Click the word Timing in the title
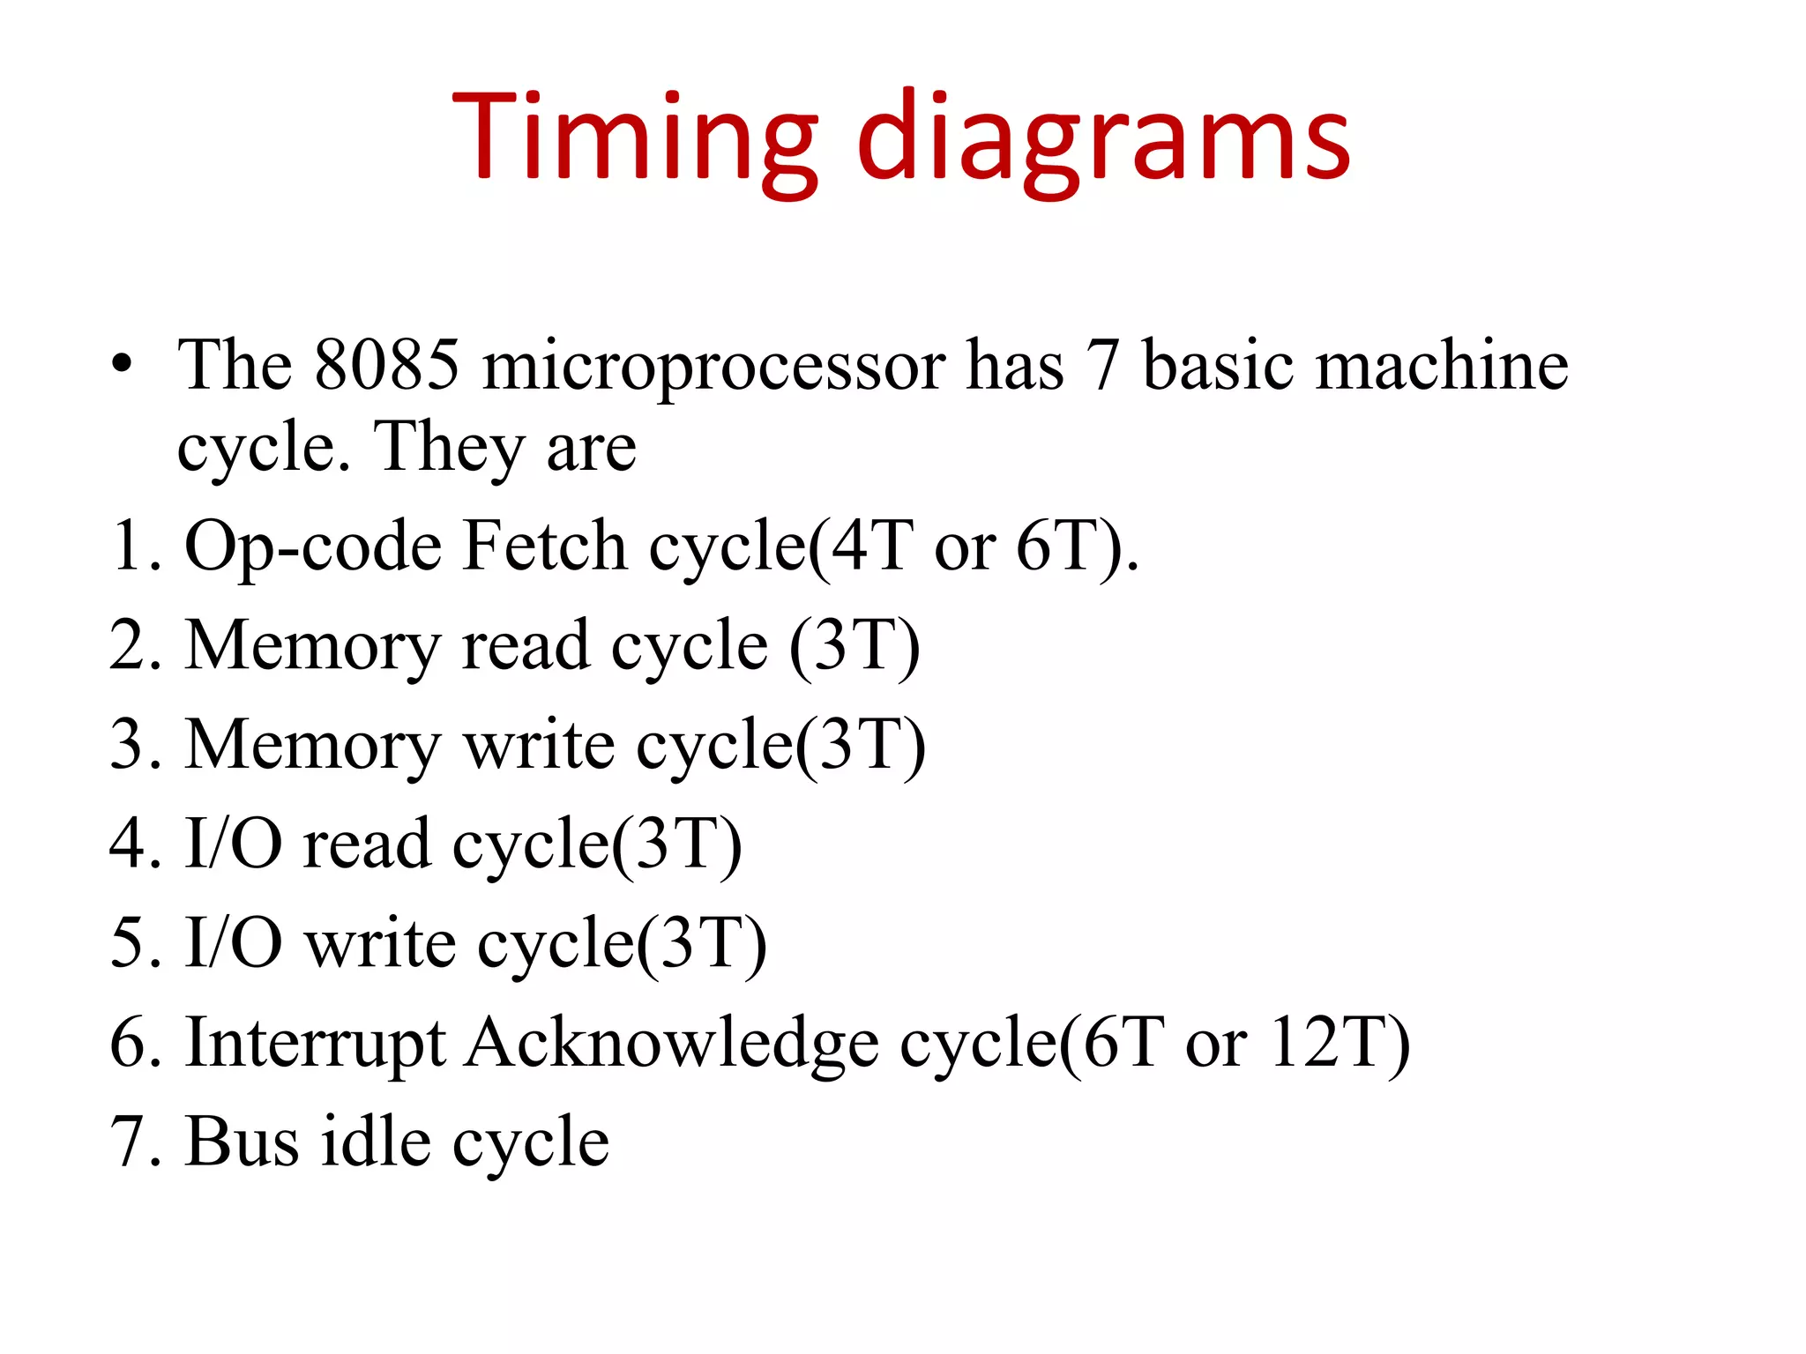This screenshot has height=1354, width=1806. (635, 137)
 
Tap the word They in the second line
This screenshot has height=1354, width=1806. (450, 448)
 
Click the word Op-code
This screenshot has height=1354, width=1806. (312, 547)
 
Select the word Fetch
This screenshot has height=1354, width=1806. (544, 546)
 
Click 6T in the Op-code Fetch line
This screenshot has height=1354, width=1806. (1056, 546)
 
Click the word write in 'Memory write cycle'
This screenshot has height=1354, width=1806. (539, 745)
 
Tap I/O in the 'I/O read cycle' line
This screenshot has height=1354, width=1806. (234, 844)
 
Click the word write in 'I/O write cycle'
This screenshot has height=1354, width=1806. (380, 943)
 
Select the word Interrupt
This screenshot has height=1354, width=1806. (315, 1044)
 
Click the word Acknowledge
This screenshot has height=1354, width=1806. (672, 1044)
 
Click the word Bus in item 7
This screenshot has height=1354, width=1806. (242, 1142)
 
